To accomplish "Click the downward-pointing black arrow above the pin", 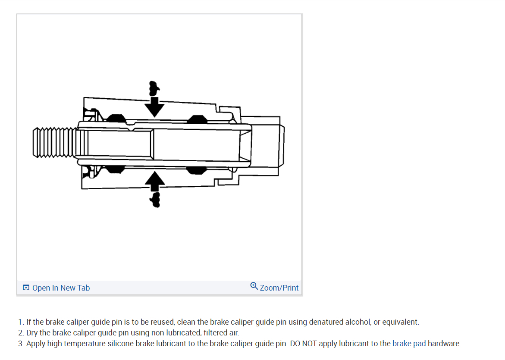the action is (x=154, y=106).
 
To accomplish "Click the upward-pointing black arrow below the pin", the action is (x=154, y=181).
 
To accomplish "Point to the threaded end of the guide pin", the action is (x=54, y=142).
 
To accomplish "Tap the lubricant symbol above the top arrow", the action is (x=153, y=88).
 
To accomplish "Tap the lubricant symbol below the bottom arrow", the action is (x=154, y=199).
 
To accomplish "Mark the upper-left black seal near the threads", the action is (x=116, y=118).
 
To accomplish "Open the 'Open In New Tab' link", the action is (x=61, y=288).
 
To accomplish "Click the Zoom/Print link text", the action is (x=279, y=288).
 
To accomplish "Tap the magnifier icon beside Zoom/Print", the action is (x=254, y=286).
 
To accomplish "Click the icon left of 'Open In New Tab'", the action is (x=26, y=288).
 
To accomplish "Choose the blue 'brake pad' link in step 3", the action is (x=409, y=344).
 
